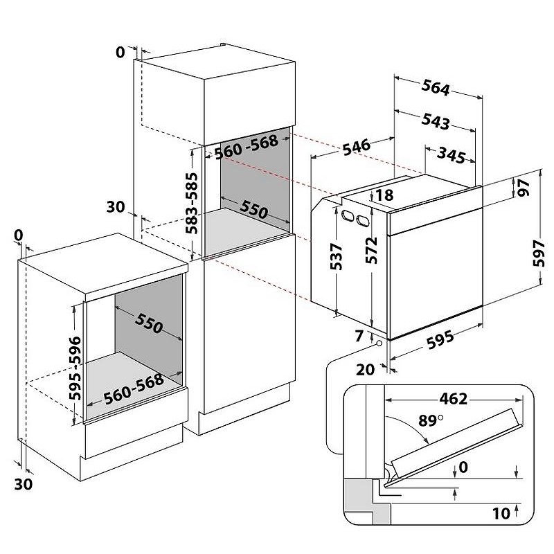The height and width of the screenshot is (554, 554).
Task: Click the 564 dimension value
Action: click(436, 89)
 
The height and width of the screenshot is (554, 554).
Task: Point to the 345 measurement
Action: click(451, 156)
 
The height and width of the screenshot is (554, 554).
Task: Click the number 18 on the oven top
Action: click(384, 196)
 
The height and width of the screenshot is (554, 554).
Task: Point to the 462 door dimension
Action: click(453, 399)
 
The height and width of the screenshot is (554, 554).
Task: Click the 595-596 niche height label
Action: click(75, 368)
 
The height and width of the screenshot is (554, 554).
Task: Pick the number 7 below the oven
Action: click(358, 337)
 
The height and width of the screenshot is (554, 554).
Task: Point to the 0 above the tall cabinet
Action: click(121, 52)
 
